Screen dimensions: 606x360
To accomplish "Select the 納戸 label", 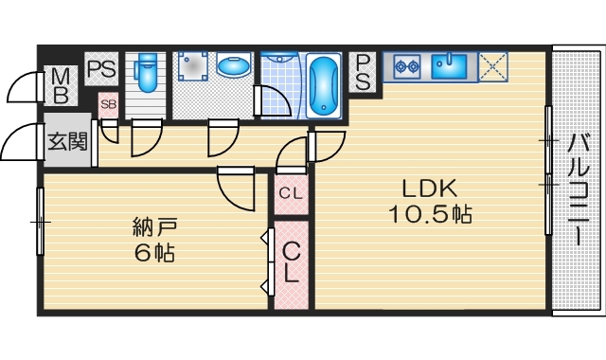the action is tap(154, 227).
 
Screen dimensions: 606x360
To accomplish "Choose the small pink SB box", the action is tap(108, 104).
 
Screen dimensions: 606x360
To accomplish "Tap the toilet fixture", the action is tap(145, 72).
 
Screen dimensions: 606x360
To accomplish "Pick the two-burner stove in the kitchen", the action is tap(406, 66).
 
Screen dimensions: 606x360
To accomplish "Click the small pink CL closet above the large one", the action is tap(291, 194).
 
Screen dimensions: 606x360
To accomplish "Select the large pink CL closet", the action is tap(292, 263).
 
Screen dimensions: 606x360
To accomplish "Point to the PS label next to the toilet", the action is tap(100, 68).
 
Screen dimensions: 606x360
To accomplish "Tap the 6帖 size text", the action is tap(153, 253).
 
